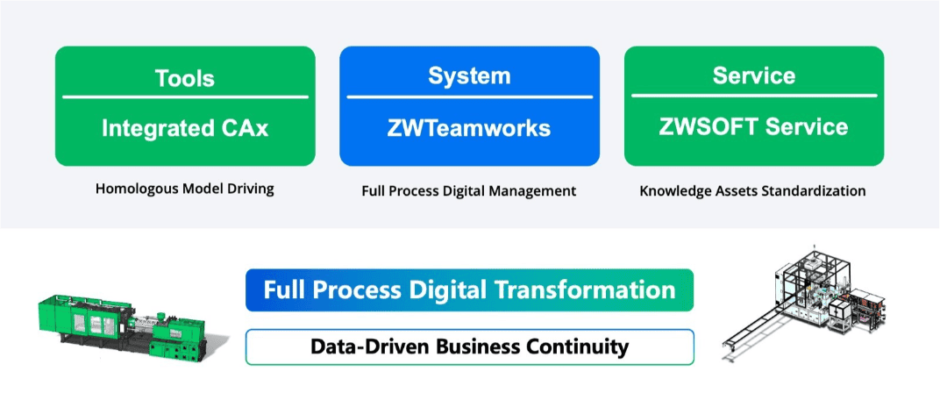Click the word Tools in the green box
coord(185,78)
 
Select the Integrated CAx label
coord(185,128)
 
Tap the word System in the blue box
coord(469,76)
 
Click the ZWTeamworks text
coord(469,128)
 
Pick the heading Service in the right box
coord(753,75)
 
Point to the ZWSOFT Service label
coord(753,127)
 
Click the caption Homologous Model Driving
coord(185,189)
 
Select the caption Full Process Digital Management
coord(469,191)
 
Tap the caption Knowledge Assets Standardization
coord(753,191)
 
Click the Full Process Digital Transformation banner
coord(469,290)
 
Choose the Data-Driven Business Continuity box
coord(469,347)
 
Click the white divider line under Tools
coord(185,96)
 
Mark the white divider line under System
coord(469,96)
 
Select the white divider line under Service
coord(753,96)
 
